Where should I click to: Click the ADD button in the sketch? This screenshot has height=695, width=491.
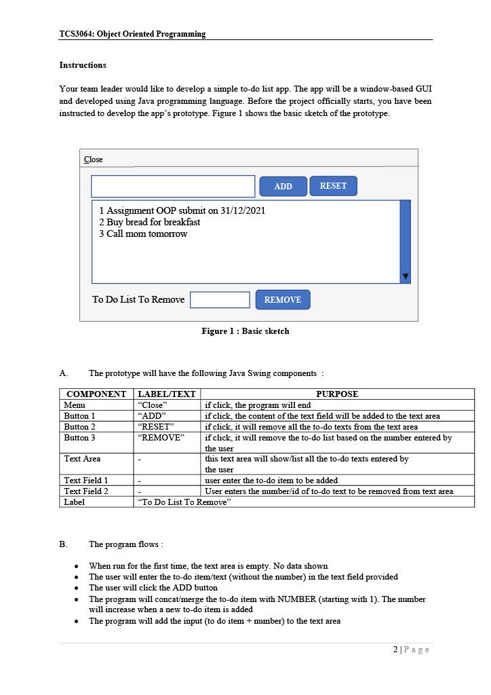(x=283, y=186)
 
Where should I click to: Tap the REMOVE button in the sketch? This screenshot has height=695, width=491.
(x=282, y=299)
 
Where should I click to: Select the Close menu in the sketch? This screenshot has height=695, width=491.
(x=94, y=159)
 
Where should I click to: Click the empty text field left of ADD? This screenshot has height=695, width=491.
(x=173, y=186)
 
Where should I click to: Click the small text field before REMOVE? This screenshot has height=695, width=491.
(x=220, y=299)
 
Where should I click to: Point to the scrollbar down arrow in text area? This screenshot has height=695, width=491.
(x=406, y=276)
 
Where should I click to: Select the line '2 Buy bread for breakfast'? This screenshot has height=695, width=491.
(x=150, y=222)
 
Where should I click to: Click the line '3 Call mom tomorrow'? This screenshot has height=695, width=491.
(x=143, y=233)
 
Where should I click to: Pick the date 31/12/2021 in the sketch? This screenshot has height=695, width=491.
(x=243, y=210)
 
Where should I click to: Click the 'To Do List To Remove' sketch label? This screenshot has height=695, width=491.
(x=138, y=299)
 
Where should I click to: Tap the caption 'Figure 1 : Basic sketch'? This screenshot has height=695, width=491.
(x=245, y=331)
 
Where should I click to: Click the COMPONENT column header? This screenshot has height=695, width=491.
(x=96, y=394)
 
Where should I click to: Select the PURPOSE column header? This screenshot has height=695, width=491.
(x=336, y=394)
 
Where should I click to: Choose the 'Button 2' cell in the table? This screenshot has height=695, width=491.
(x=79, y=427)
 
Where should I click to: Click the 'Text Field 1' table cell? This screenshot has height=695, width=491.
(x=86, y=481)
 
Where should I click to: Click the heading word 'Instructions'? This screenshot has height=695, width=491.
(x=83, y=65)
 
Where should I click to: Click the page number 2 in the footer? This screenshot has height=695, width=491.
(x=396, y=650)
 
